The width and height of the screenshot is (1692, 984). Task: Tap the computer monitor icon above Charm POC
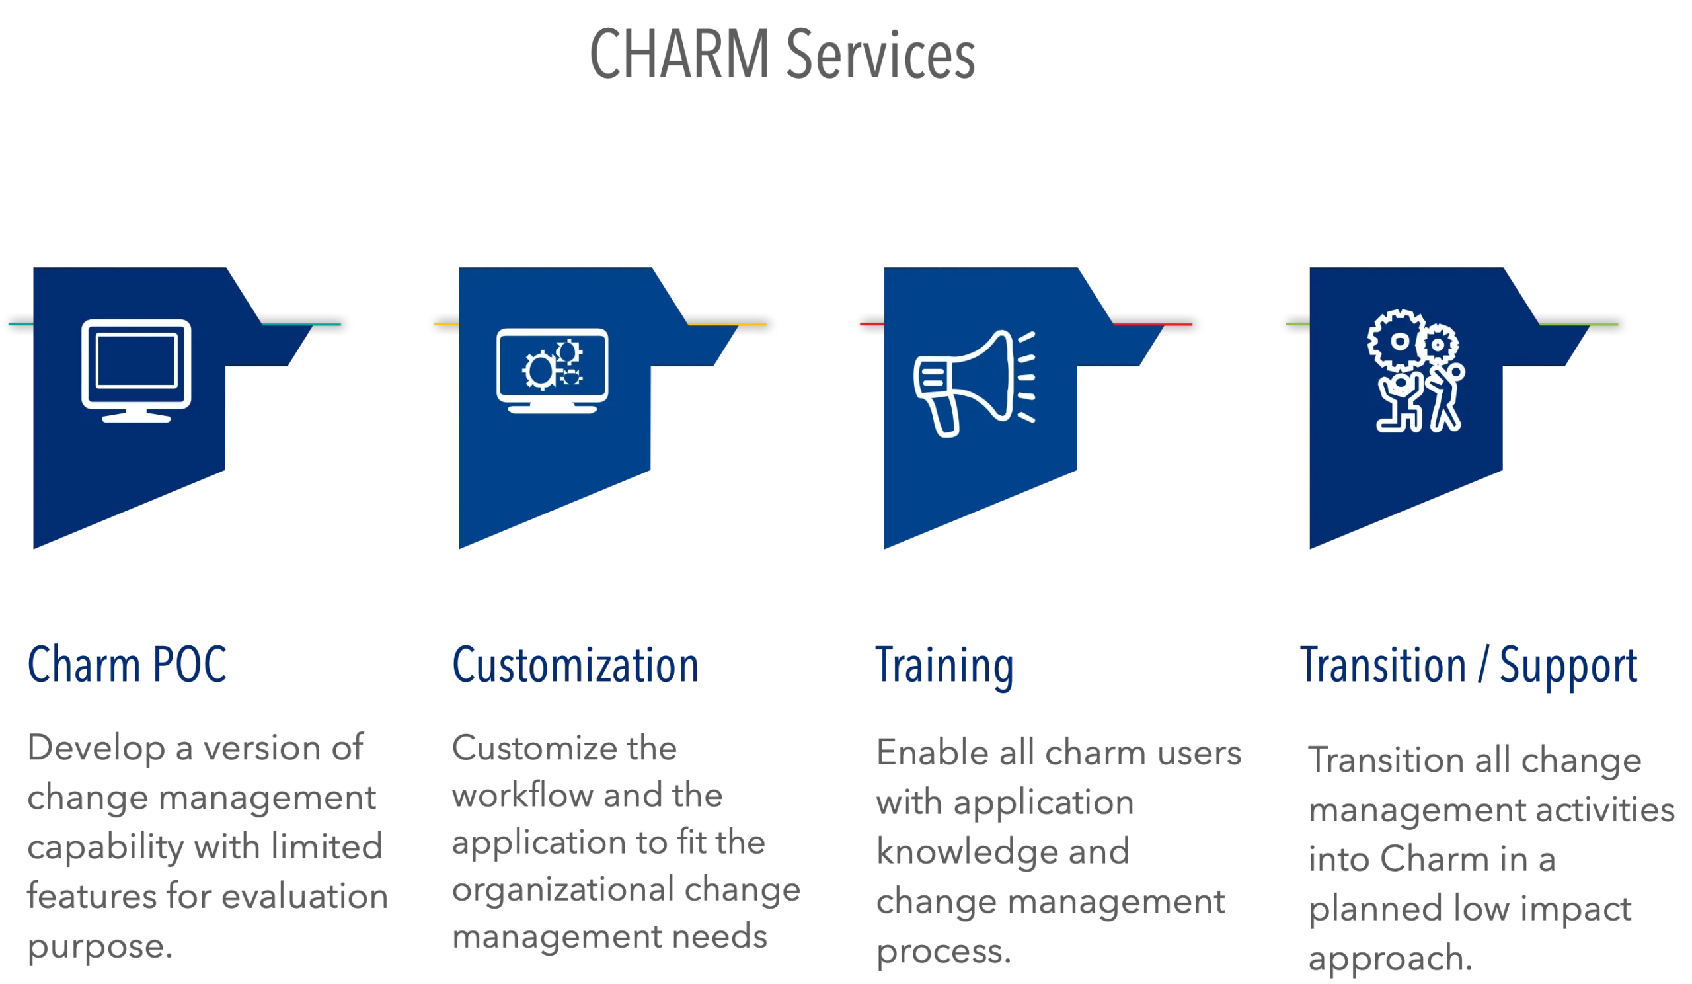pos(136,370)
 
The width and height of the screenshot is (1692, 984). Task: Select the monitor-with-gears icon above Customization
pos(552,370)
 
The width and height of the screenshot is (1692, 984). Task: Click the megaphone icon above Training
pos(974,384)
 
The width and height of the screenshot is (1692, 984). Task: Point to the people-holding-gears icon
pos(1416,371)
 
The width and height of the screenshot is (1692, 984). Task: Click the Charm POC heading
pos(127,665)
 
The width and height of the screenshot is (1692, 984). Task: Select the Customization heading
pos(576,665)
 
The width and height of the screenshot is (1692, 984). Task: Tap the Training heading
pos(944,666)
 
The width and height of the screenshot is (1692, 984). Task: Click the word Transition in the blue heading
pos(1383,665)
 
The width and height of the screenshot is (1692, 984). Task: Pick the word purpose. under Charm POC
pos(99,947)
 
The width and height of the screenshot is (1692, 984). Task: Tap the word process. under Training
pos(942,952)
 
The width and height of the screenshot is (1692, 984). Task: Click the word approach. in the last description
pos(1390,958)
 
